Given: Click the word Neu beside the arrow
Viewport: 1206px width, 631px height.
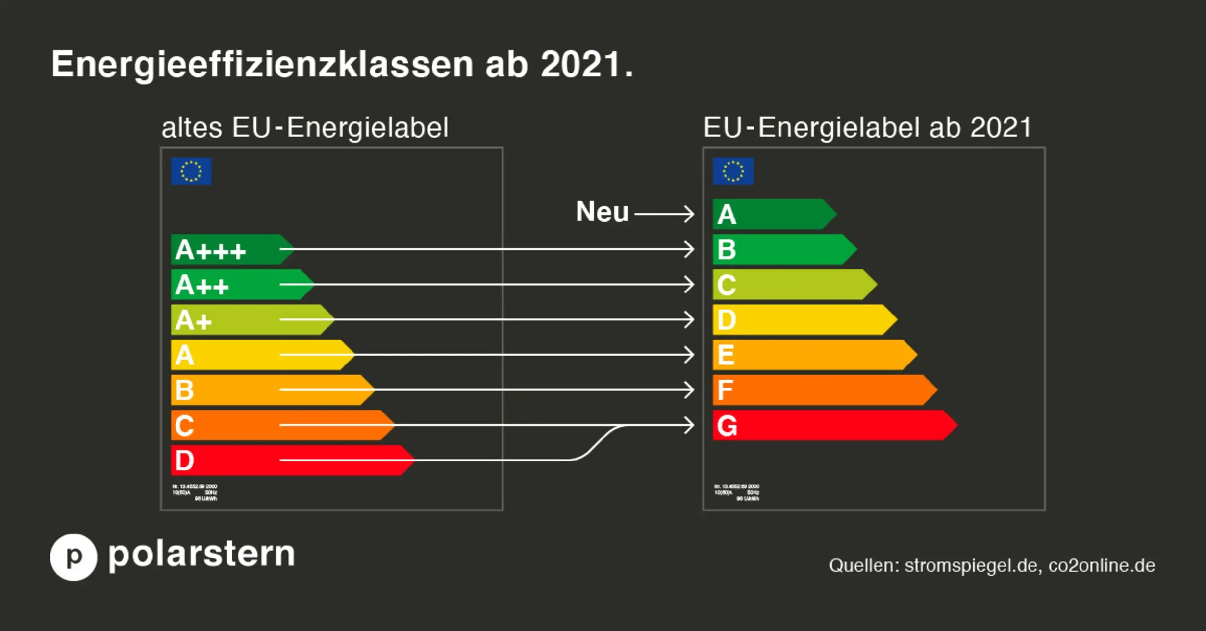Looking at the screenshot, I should click(602, 212).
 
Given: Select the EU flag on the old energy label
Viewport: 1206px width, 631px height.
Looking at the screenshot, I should click(191, 171).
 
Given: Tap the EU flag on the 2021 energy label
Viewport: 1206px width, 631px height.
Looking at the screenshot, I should click(733, 171).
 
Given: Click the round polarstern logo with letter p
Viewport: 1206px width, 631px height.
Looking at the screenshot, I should click(74, 557).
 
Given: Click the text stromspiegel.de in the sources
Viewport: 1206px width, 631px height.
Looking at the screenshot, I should click(971, 565).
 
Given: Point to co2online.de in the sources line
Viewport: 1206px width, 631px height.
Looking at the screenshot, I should click(1102, 565).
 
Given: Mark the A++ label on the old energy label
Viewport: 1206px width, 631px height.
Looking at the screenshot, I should click(202, 285).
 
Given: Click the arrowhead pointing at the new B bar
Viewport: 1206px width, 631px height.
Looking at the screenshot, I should click(689, 249).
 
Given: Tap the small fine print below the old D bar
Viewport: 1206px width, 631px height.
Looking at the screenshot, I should click(195, 492).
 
